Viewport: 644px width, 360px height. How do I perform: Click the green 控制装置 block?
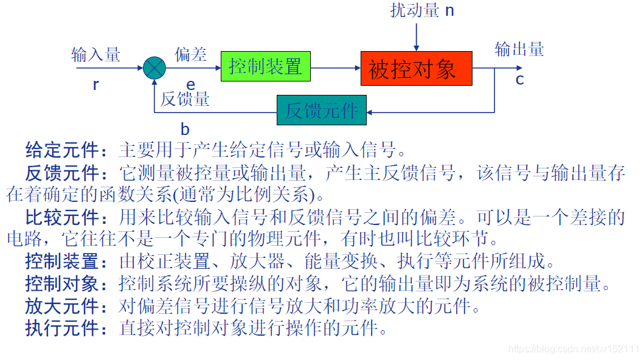pyautogui.click(x=265, y=66)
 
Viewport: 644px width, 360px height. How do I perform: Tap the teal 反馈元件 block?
pyautogui.click(x=322, y=111)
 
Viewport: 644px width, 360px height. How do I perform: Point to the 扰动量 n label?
pyautogui.click(x=422, y=10)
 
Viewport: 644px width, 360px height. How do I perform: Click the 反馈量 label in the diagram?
pyautogui.click(x=185, y=99)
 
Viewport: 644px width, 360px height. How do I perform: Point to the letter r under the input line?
pyautogui.click(x=95, y=85)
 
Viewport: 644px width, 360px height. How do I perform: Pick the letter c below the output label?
pyautogui.click(x=519, y=79)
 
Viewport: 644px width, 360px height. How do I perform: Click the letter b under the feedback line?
pyautogui.click(x=185, y=129)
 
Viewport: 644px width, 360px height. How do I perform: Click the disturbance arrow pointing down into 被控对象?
pyautogui.click(x=417, y=36)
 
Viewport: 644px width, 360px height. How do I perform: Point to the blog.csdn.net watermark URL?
pyautogui.click(x=573, y=349)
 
